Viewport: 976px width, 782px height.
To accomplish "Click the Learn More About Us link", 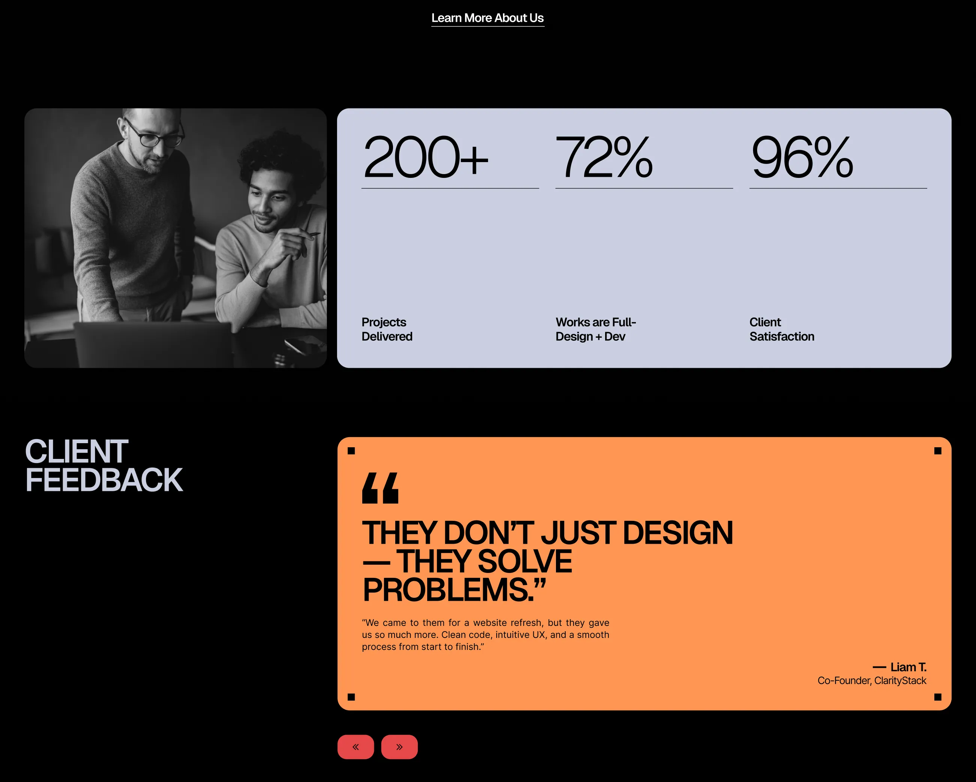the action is (488, 18).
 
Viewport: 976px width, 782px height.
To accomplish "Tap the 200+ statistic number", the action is (426, 157).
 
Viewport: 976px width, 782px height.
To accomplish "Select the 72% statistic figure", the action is (604, 157).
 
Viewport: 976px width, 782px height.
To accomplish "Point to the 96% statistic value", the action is (802, 157).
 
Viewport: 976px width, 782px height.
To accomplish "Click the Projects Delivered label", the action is (387, 329).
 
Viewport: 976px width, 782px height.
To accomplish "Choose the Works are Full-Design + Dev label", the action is (596, 329).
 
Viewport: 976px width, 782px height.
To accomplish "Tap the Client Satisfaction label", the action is (782, 329).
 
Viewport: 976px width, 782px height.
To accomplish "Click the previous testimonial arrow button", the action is (356, 747).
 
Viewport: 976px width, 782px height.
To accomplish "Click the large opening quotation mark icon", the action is (380, 488).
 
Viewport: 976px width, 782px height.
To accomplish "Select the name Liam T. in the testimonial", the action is (908, 667).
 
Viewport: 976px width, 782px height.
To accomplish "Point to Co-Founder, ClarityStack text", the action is (872, 681).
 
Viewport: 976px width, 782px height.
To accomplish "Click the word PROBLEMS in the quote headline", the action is (446, 590).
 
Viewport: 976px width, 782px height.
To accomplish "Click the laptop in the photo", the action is (154, 344).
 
